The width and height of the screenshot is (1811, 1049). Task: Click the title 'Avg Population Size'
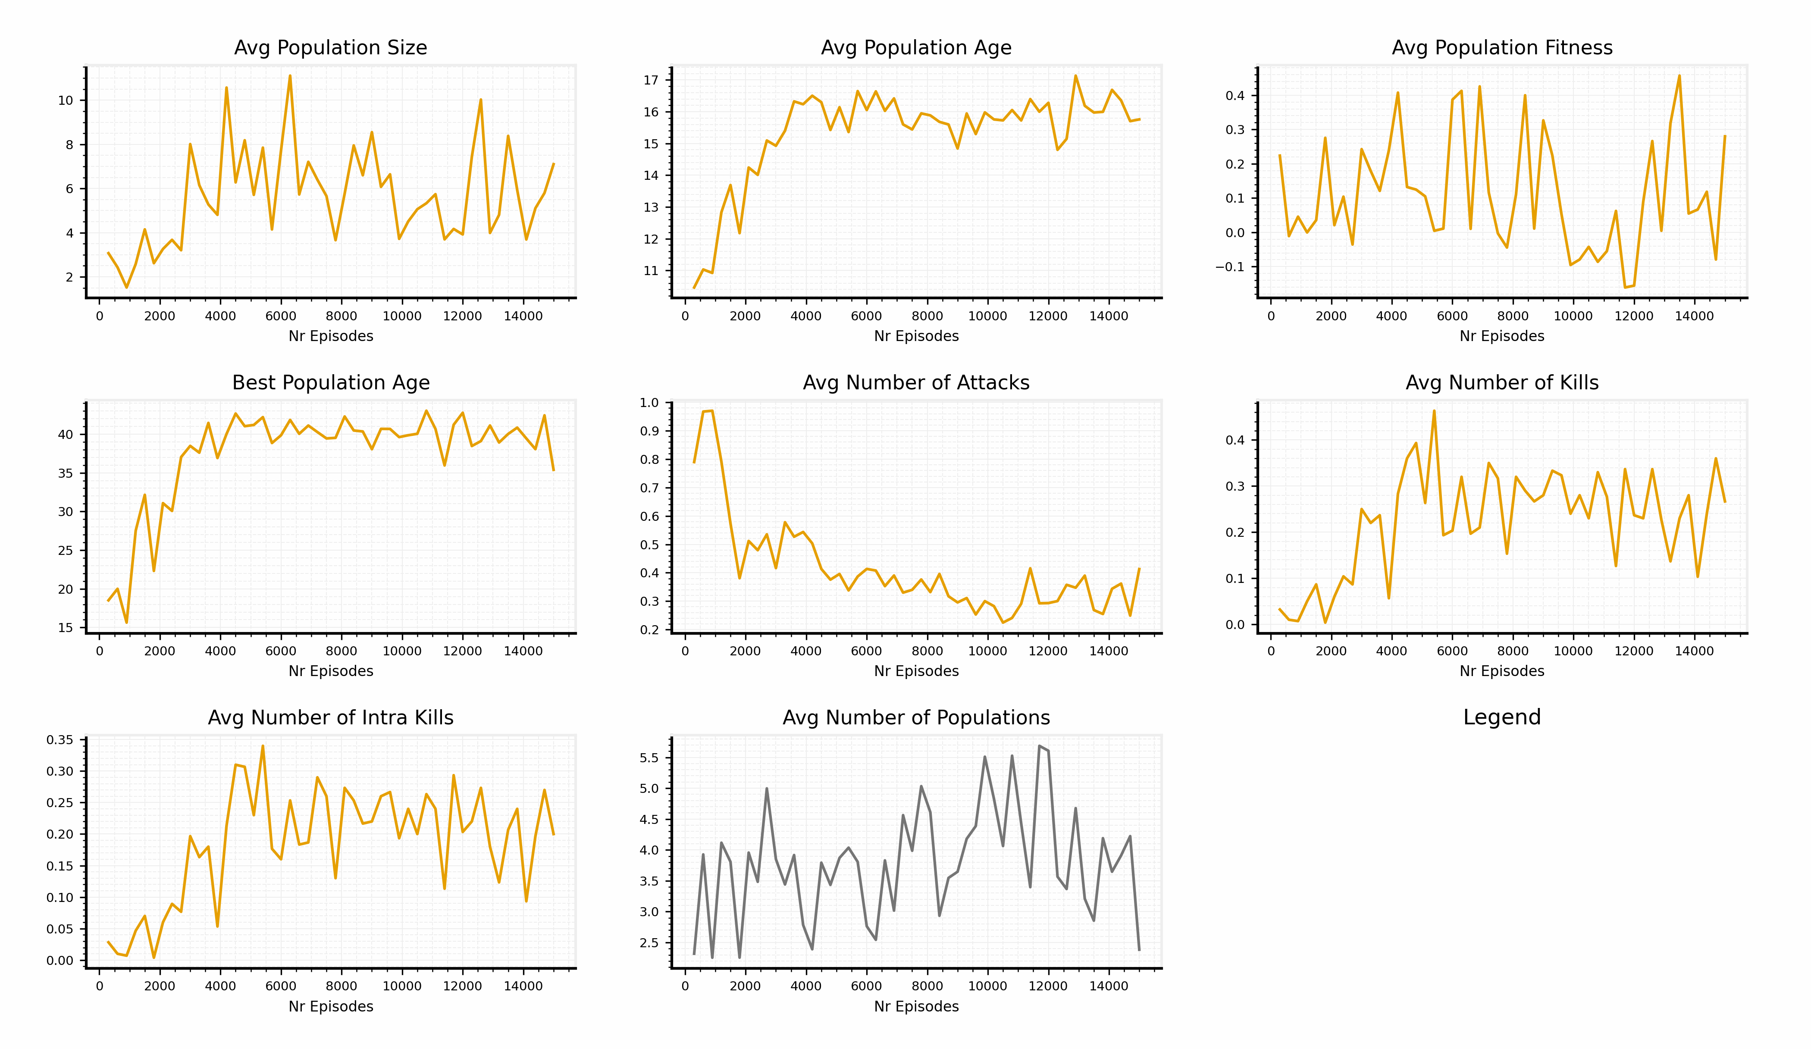tap(331, 47)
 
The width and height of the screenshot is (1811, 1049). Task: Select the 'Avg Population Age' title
tap(916, 47)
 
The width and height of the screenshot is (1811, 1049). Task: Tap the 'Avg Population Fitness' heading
tap(1502, 47)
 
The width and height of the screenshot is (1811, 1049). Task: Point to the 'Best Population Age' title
tap(331, 382)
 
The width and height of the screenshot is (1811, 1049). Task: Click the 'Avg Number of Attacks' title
tap(916, 382)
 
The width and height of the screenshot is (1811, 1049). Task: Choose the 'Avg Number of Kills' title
tap(1502, 382)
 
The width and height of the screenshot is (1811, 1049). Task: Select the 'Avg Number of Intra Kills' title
tap(331, 718)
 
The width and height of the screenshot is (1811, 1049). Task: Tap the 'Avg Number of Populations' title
tap(916, 718)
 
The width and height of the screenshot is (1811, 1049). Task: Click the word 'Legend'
tap(1502, 717)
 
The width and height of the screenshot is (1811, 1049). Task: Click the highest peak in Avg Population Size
tap(290, 75)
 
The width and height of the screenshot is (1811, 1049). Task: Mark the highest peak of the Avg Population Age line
tap(1076, 75)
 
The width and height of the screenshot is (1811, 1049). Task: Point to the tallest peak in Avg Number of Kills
tap(1434, 411)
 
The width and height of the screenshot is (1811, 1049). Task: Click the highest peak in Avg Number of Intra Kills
tap(263, 746)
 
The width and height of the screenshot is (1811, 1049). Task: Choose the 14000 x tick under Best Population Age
tap(523, 651)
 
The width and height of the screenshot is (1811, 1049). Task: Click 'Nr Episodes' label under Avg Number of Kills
tap(1502, 671)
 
